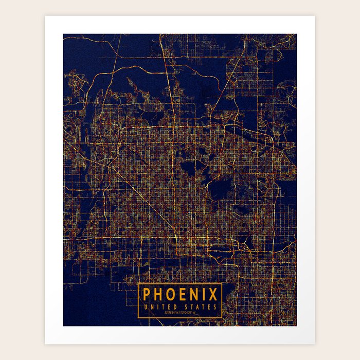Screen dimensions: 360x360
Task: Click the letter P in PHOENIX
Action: pos(147,295)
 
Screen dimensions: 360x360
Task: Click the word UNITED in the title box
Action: pos(160,307)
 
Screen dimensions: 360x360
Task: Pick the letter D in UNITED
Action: pos(174,307)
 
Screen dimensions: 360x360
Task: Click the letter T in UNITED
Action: pos(163,307)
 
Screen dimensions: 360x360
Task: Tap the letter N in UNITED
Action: pos(152,307)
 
